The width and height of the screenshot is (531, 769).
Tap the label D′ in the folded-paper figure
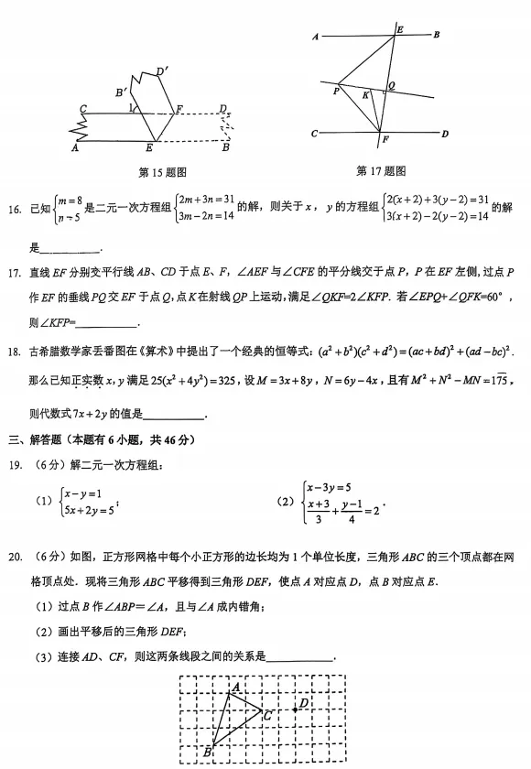coord(161,70)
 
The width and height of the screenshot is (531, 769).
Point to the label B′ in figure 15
coord(121,92)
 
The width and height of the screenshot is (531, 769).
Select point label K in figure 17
coord(365,94)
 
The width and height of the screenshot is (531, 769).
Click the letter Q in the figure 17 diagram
coord(391,86)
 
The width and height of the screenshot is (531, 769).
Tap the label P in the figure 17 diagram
coord(336,90)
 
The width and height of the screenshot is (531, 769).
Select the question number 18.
coord(14,352)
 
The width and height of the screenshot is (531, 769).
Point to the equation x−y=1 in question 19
coord(82,493)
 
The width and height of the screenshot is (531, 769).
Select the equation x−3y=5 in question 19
coord(330,488)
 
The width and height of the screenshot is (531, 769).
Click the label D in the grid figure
coord(303,702)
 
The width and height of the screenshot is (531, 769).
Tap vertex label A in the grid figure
coord(236,687)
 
